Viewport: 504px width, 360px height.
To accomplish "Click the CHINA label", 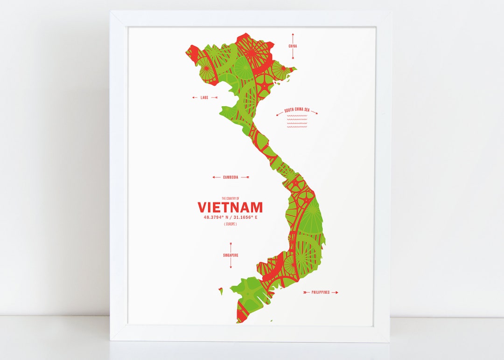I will (x=293, y=46).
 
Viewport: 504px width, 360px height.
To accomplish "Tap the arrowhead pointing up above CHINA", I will (x=293, y=35).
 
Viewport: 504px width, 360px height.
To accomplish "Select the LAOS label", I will (x=204, y=97).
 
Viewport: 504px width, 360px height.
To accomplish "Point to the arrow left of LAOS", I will (x=195, y=97).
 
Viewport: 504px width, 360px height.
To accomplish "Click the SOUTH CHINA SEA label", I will (x=297, y=110).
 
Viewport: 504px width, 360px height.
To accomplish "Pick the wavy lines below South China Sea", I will (x=297, y=122).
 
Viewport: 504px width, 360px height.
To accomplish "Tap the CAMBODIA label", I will (x=231, y=177).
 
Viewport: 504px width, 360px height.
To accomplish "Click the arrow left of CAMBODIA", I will (x=216, y=177).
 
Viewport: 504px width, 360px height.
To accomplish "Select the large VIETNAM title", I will (x=230, y=207).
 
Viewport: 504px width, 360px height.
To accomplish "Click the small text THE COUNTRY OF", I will (x=230, y=198).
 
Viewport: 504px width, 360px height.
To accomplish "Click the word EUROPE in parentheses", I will (x=230, y=224).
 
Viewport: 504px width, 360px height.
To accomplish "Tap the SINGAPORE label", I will (x=231, y=255).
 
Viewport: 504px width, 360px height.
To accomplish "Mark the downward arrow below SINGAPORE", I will (x=231, y=264).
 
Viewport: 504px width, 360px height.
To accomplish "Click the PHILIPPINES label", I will (x=321, y=292).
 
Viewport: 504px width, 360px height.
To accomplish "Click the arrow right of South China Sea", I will (x=314, y=112).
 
